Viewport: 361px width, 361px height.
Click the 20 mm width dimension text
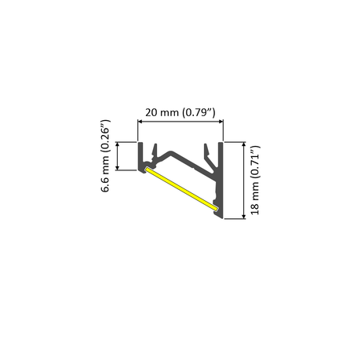[x=181, y=112]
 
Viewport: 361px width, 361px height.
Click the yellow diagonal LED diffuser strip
[x=181, y=188]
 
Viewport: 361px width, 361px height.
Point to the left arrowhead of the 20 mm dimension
[x=142, y=122]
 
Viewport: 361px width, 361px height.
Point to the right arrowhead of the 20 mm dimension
[x=221, y=122]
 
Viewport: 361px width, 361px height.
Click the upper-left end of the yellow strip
[x=148, y=169]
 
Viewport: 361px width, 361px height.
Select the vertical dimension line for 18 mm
[x=246, y=180]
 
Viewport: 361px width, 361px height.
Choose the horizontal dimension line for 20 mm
[x=181, y=122]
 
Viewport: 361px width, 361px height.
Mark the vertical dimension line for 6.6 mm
[x=118, y=156]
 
